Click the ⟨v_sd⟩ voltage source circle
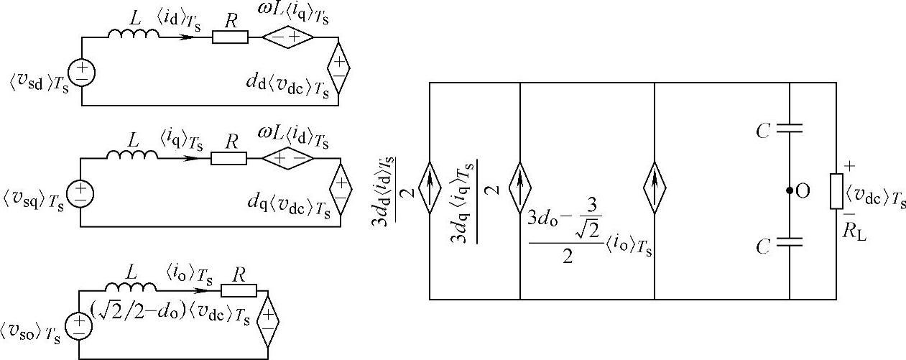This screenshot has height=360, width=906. click(x=83, y=73)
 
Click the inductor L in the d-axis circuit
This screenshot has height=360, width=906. click(x=133, y=34)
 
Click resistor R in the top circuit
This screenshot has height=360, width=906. click(x=230, y=37)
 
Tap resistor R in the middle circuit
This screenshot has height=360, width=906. click(x=228, y=157)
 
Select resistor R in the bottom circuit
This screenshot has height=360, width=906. click(x=238, y=290)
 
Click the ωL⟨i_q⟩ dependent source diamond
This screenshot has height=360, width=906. click(x=287, y=37)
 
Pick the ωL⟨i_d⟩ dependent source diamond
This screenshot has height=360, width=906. click(x=287, y=157)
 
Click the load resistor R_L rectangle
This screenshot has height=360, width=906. click(x=836, y=190)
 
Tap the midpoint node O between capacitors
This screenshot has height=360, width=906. click(x=789, y=191)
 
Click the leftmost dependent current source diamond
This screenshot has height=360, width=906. click(x=429, y=190)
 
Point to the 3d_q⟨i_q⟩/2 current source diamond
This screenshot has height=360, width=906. click(x=519, y=190)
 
